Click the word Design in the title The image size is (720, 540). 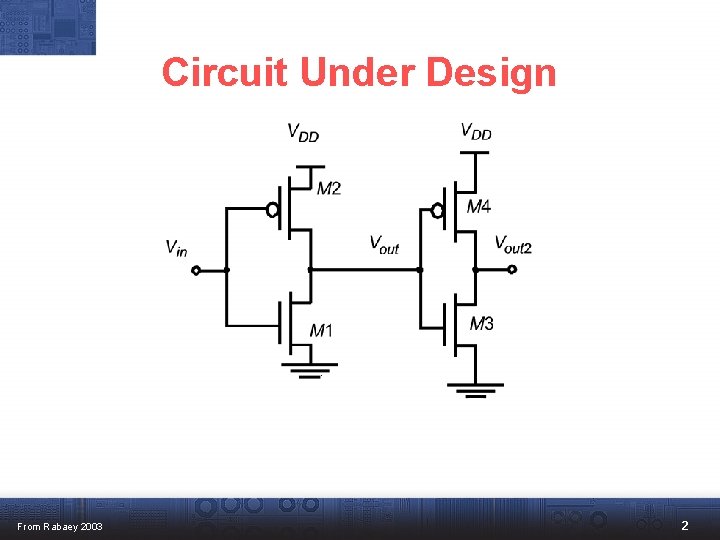tap(490, 72)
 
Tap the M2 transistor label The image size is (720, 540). tap(329, 188)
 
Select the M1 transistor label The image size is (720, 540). tap(321, 330)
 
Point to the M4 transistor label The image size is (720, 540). tap(479, 207)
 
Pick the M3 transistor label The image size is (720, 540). tap(481, 323)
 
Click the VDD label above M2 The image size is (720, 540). tap(303, 132)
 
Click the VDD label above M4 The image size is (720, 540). tap(476, 131)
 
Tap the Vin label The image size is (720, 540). tap(176, 248)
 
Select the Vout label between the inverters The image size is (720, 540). tap(384, 244)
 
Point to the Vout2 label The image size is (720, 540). tap(513, 244)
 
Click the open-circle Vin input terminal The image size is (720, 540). tap(196, 270)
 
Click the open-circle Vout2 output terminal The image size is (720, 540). tap(512, 270)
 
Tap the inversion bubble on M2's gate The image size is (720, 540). tap(271, 210)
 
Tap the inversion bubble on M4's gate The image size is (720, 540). tap(436, 210)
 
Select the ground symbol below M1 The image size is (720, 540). tap(310, 368)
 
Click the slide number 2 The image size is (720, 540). tap(685, 526)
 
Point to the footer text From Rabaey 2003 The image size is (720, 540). tap(60, 527)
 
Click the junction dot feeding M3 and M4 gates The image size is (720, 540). tap(420, 270)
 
